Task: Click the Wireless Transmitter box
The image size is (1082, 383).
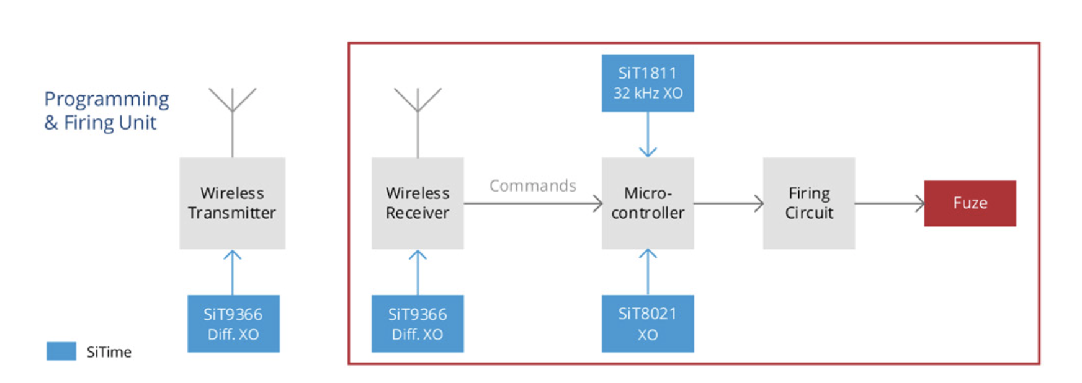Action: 232,203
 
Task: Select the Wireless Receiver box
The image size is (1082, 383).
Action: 418,203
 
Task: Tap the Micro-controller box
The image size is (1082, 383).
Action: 648,203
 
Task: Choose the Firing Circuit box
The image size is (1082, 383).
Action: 808,203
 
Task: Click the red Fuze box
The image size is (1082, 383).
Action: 970,203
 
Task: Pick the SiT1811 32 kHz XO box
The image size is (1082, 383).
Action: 648,83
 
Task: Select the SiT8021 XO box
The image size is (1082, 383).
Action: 648,324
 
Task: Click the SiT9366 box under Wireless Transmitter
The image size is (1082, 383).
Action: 233,324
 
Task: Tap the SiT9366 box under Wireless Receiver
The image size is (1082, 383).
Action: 418,324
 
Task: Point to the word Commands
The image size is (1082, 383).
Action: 532,186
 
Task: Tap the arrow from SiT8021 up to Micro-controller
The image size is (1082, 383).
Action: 648,272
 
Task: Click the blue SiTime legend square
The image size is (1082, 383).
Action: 61,351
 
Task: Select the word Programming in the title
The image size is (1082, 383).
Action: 107,99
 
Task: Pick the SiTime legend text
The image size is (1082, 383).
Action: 109,352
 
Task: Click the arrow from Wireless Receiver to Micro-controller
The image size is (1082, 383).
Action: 532,203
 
